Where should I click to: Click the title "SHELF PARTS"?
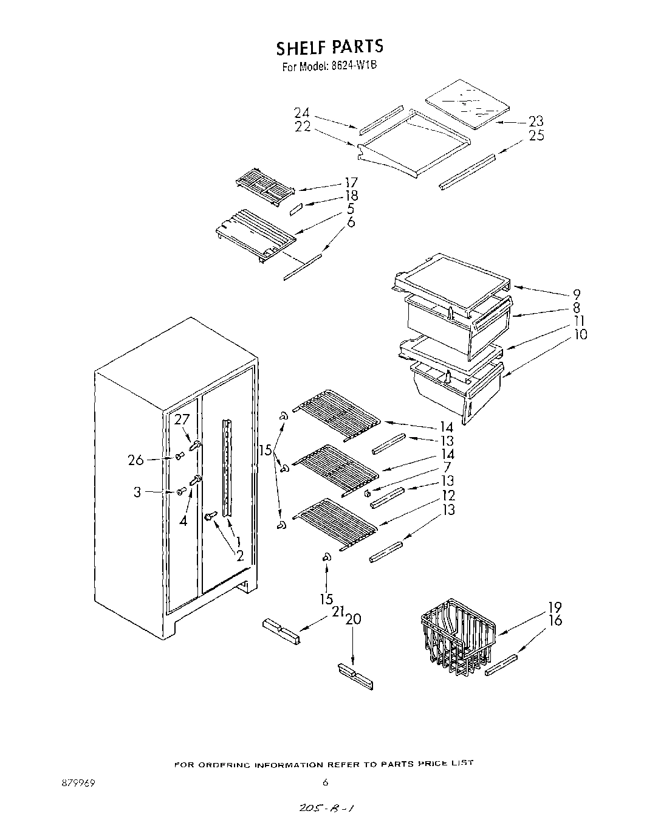coord(329,47)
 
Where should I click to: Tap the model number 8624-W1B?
coord(355,66)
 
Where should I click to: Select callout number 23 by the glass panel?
coord(536,122)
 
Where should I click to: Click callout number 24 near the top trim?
coord(302,113)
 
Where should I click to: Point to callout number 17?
coord(351,182)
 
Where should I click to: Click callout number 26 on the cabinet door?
coord(136,460)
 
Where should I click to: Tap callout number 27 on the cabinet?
coord(182,419)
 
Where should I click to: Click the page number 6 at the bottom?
coord(326,782)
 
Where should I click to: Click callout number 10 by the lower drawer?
coord(580,334)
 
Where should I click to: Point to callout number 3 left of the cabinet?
coord(137,492)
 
